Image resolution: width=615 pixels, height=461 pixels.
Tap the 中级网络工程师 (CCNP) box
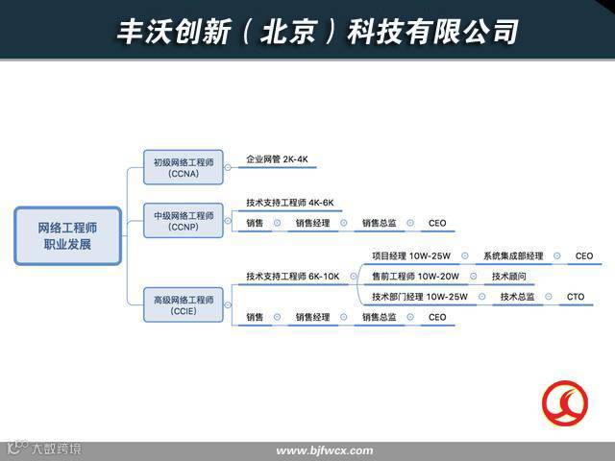tap(183, 221)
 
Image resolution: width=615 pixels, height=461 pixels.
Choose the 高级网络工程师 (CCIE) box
tap(183, 306)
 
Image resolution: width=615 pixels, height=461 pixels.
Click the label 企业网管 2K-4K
tap(277, 159)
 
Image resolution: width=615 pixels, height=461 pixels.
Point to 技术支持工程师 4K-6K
tap(289, 204)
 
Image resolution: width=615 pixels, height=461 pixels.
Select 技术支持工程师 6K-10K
tap(292, 277)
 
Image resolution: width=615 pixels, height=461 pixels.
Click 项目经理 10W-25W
tap(410, 256)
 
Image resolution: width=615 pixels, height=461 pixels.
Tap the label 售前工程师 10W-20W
tap(415, 277)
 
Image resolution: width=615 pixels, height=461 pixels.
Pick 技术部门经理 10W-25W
tap(419, 297)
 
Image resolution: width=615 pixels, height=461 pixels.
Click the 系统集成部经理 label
tap(513, 256)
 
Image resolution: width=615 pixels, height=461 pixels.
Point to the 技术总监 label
tap(517, 297)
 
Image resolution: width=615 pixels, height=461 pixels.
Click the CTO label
tap(575, 297)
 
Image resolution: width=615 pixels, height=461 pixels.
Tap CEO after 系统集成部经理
tap(584, 256)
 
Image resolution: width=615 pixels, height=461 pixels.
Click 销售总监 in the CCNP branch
tap(379, 224)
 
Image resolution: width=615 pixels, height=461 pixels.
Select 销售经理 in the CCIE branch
tap(312, 318)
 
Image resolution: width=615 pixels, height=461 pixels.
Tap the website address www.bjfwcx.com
tap(324, 451)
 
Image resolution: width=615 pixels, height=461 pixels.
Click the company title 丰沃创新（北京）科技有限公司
tap(317, 30)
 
